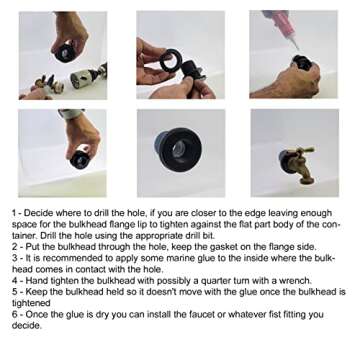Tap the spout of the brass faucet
tap(306, 176)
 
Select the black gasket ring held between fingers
tap(170, 61)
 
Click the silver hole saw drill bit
tap(82, 78)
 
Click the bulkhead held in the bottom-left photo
tap(79, 160)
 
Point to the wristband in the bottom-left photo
tap(71, 114)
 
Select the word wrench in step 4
tap(299, 280)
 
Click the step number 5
tap(15, 292)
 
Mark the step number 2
tap(15, 247)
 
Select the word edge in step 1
tap(246, 213)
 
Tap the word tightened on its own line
tap(31, 303)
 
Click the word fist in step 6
tap(280, 314)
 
